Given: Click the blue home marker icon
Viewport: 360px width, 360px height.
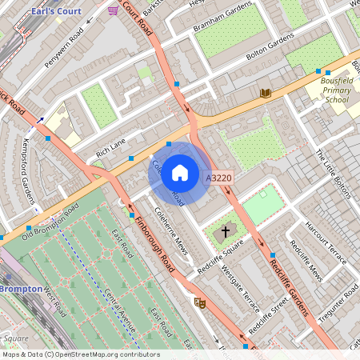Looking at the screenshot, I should coord(180,172).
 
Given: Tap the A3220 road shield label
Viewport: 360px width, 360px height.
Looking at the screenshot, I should coord(218,178).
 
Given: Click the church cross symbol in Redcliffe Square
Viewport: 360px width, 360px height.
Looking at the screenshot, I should coord(226,231).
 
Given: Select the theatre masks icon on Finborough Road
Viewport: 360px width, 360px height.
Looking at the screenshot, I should coord(199,302).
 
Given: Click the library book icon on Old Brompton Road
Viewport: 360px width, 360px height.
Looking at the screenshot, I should coord(266,94).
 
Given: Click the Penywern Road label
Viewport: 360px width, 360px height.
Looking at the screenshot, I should coord(64,47).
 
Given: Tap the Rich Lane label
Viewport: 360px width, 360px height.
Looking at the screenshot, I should coord(111,145).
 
